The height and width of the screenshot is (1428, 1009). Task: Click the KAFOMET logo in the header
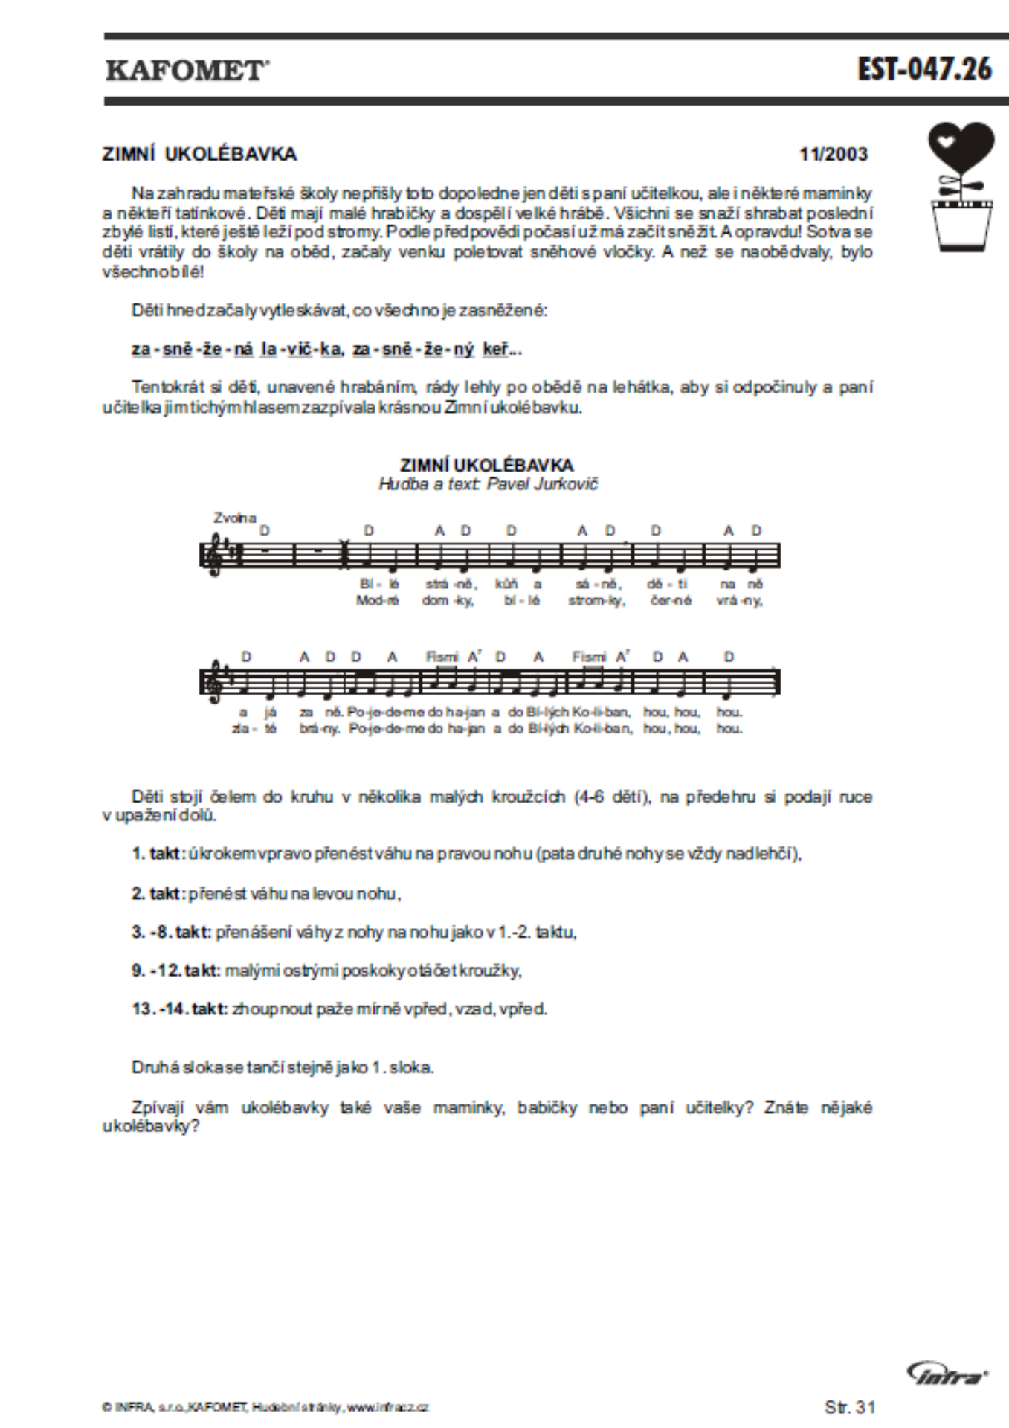pyautogui.click(x=187, y=71)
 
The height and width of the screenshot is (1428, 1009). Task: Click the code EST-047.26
pyautogui.click(x=924, y=69)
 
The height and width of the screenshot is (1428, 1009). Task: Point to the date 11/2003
pyautogui.click(x=834, y=155)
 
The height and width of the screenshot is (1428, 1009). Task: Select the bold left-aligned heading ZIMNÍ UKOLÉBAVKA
pyautogui.click(x=199, y=155)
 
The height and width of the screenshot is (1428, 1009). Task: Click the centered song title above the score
pyautogui.click(x=487, y=466)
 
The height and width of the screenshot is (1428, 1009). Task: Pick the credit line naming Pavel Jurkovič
pyautogui.click(x=488, y=485)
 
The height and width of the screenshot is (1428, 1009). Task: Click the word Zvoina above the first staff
pyautogui.click(x=234, y=518)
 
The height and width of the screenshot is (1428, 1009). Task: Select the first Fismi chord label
pyautogui.click(x=442, y=657)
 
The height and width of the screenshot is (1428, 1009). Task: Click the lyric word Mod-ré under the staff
pyautogui.click(x=377, y=601)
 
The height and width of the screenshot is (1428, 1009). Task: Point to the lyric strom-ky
pyautogui.click(x=596, y=601)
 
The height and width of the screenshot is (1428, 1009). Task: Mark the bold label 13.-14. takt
pyautogui.click(x=179, y=1009)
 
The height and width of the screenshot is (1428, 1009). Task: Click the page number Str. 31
pyautogui.click(x=850, y=1407)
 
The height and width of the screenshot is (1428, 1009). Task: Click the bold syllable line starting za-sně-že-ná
pyautogui.click(x=326, y=350)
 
